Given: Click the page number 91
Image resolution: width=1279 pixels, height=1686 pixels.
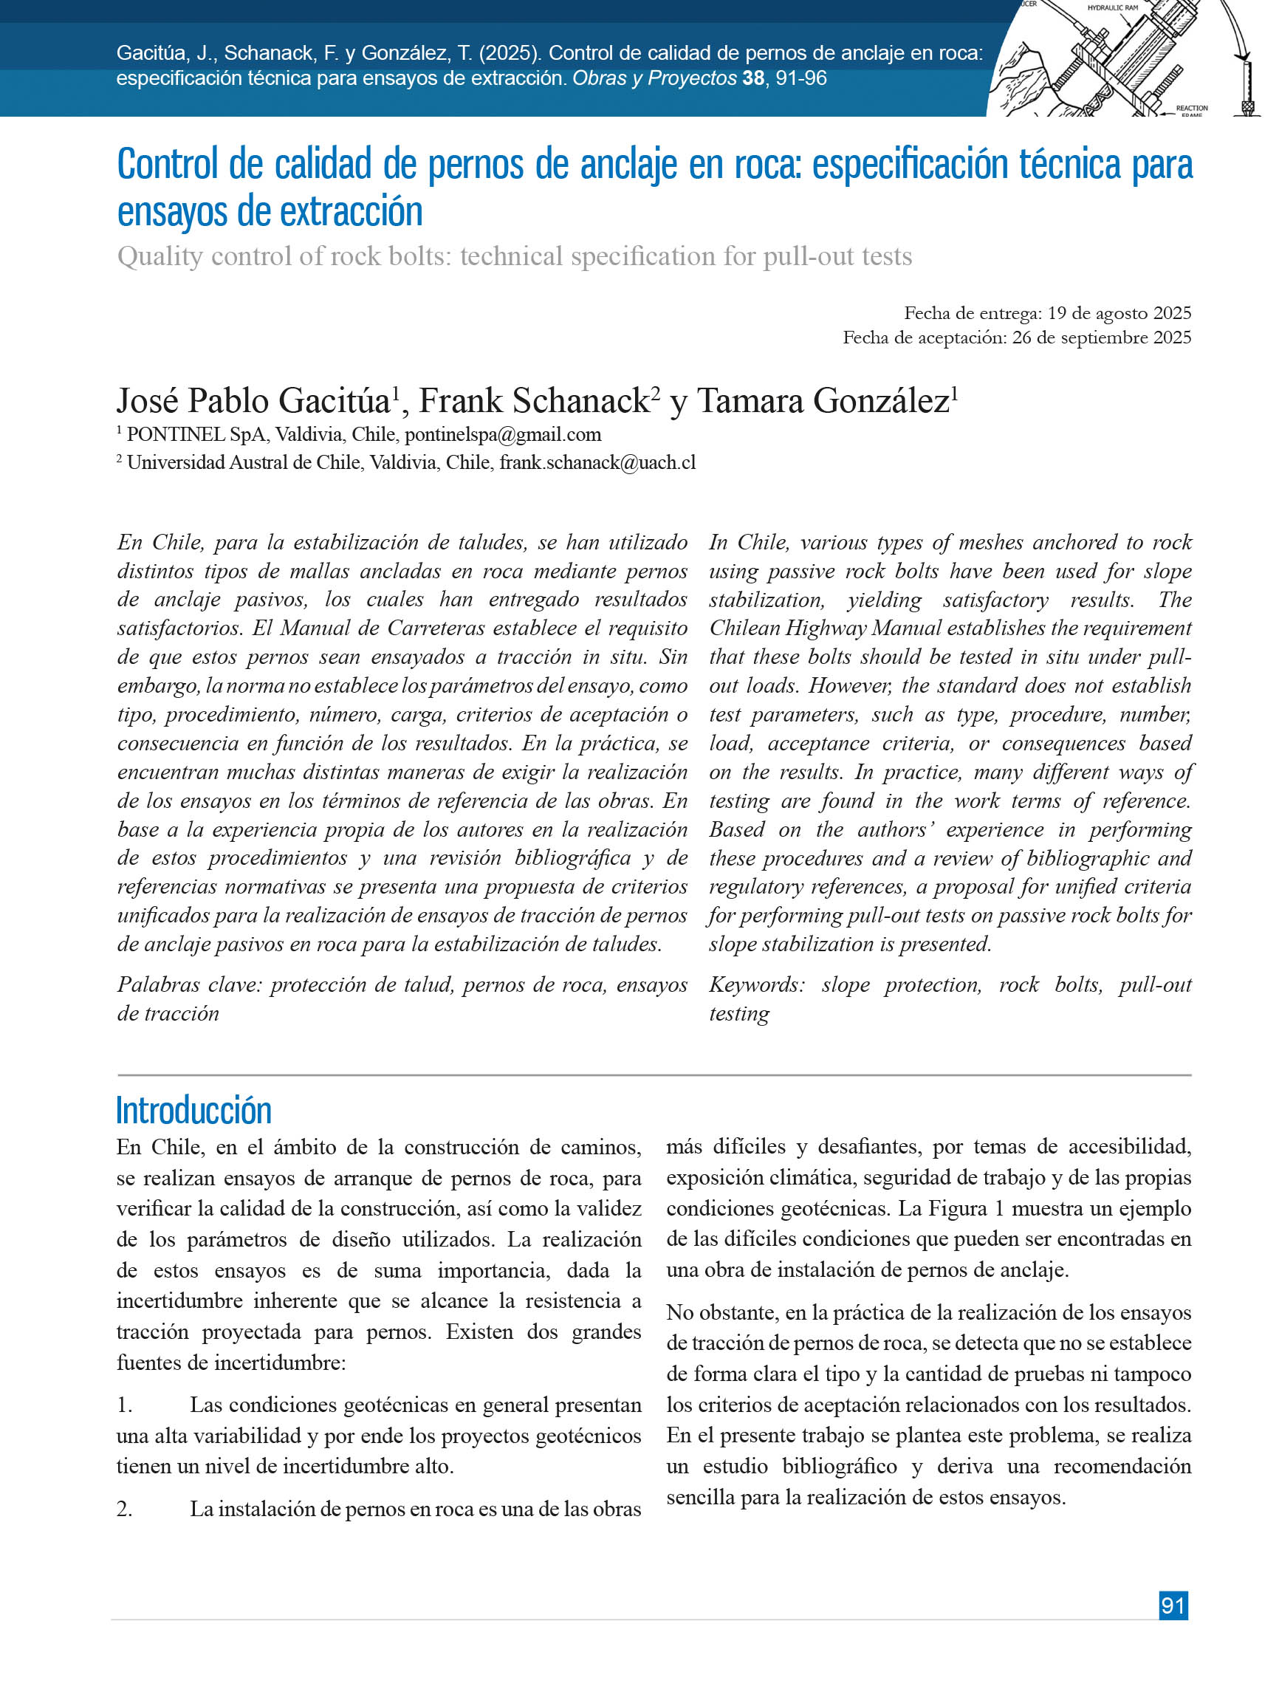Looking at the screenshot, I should click(x=1172, y=1605).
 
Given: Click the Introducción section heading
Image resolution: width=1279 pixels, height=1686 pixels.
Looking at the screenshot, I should click(x=193, y=1111).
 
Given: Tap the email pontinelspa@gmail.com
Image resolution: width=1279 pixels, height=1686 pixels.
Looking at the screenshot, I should click(x=502, y=434).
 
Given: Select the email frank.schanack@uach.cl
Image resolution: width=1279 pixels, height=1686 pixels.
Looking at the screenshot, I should click(x=597, y=462).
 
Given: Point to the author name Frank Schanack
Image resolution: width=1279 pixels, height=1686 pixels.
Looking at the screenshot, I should click(x=535, y=401).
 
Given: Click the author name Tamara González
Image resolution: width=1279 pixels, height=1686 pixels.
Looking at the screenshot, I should click(x=823, y=401).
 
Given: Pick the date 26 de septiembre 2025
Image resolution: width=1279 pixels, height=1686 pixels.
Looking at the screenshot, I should click(x=1102, y=337).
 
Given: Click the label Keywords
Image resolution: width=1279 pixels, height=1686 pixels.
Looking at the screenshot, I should click(x=755, y=984).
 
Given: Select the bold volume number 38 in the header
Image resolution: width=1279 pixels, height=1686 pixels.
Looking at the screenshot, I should click(x=753, y=78).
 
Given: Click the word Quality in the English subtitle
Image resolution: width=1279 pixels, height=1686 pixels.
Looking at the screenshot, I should click(x=160, y=257).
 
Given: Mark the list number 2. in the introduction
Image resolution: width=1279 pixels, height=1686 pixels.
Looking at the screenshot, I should click(x=125, y=1509).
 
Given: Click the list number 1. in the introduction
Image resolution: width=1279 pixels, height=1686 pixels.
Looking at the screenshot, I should click(x=125, y=1405).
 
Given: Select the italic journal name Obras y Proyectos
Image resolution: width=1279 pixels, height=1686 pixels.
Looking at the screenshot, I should click(x=654, y=78).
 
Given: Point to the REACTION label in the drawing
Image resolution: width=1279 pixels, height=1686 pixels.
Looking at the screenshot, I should click(x=1191, y=109).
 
